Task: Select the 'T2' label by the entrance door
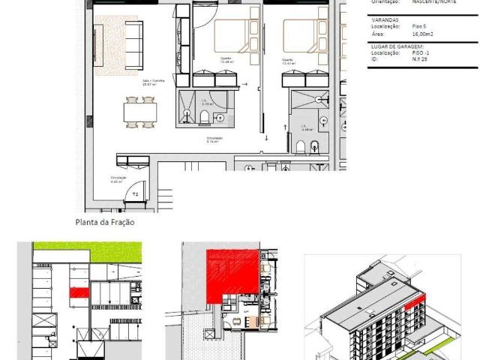(136, 193)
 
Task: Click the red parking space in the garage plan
(78, 292)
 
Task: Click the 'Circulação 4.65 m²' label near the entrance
(116, 180)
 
